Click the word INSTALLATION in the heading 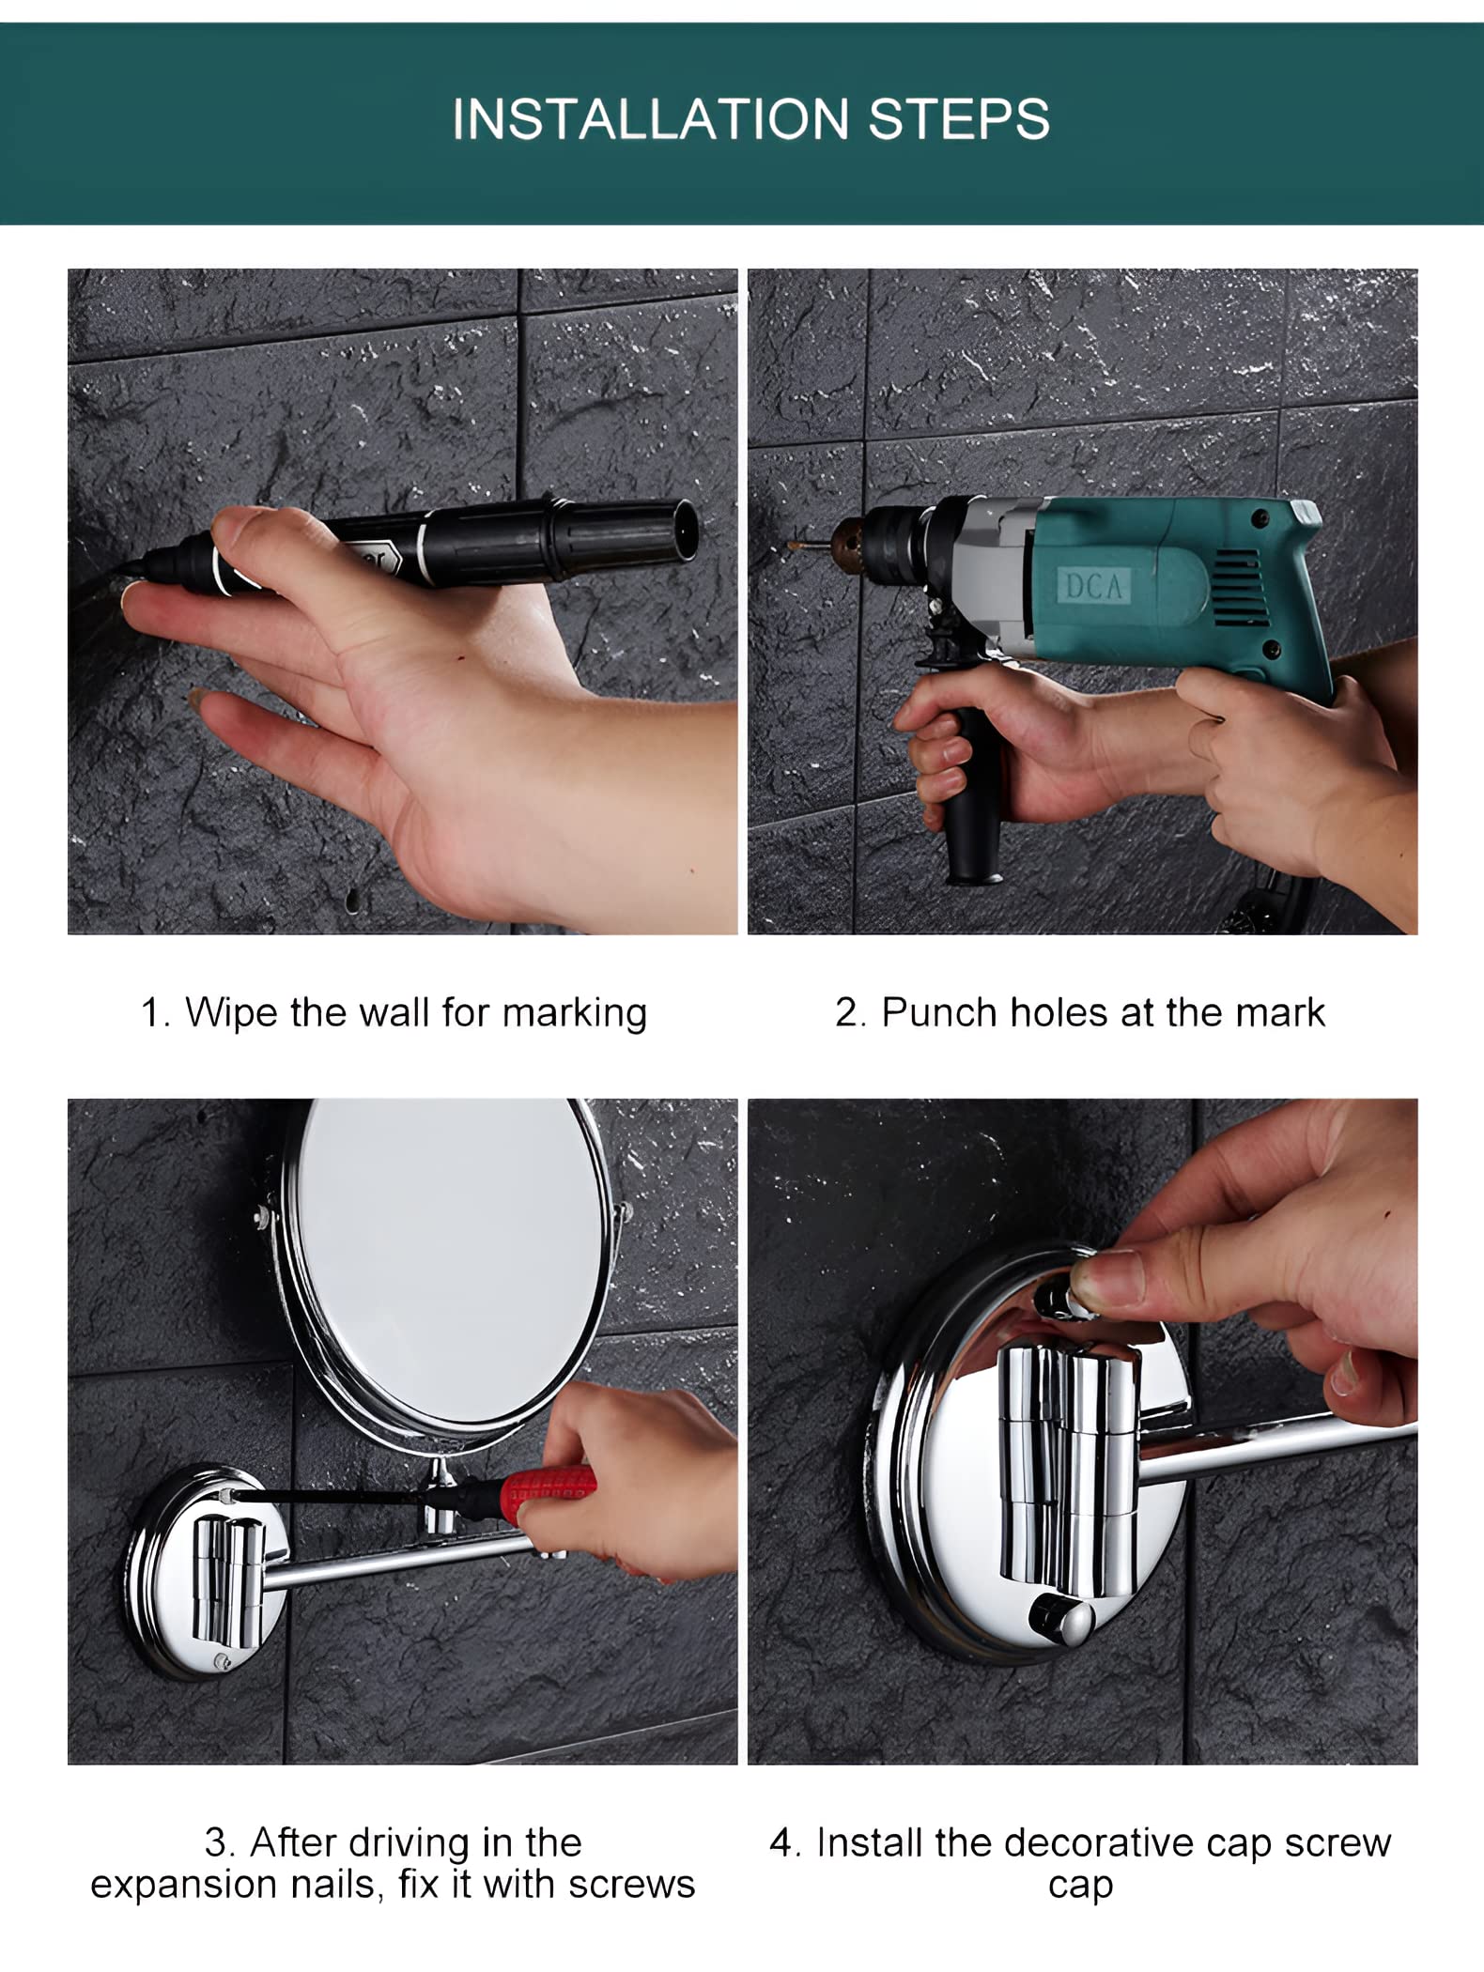(650, 119)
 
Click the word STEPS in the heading (959, 119)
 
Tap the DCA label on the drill (1094, 587)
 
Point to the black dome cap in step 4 (1059, 1614)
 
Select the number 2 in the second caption (846, 1013)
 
